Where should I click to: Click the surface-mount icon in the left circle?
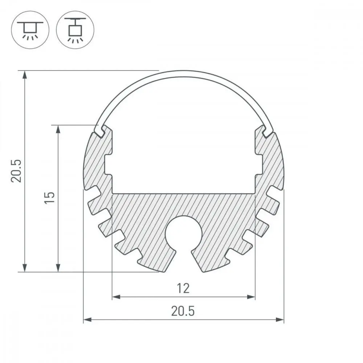click(x=30, y=30)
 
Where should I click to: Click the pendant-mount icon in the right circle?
click(x=75, y=30)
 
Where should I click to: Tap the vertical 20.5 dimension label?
click(x=16, y=171)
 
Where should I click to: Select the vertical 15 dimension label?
click(x=49, y=197)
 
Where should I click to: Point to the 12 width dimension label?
click(x=183, y=288)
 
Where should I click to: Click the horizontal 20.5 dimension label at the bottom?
click(x=183, y=311)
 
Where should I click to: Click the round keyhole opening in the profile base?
click(x=184, y=234)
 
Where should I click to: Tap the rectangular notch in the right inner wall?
click(x=259, y=165)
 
